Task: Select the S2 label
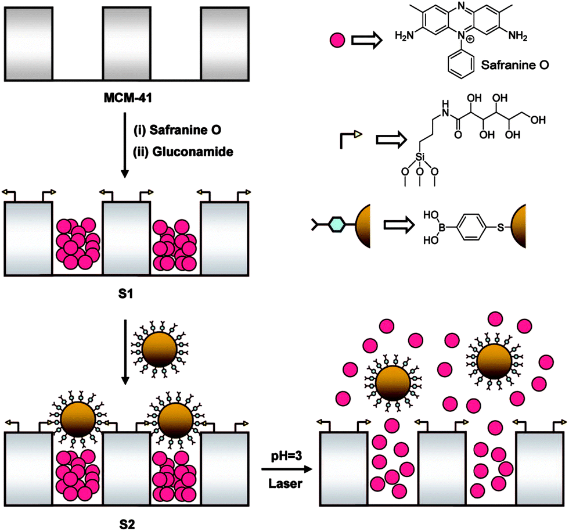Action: (x=126, y=522)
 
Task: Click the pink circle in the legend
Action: (x=337, y=40)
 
